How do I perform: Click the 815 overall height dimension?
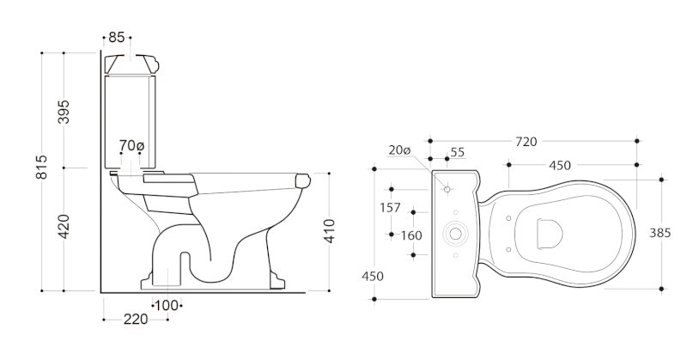[41, 167]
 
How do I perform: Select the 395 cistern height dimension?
[64, 112]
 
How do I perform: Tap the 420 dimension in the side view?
[64, 227]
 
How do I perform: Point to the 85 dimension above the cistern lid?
[117, 37]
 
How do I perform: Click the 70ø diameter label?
[131, 145]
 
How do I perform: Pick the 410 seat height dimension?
[329, 230]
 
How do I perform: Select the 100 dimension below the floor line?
[167, 306]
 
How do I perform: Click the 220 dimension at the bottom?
[136, 320]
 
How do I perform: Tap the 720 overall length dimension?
[526, 142]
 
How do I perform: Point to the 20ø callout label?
[399, 150]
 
